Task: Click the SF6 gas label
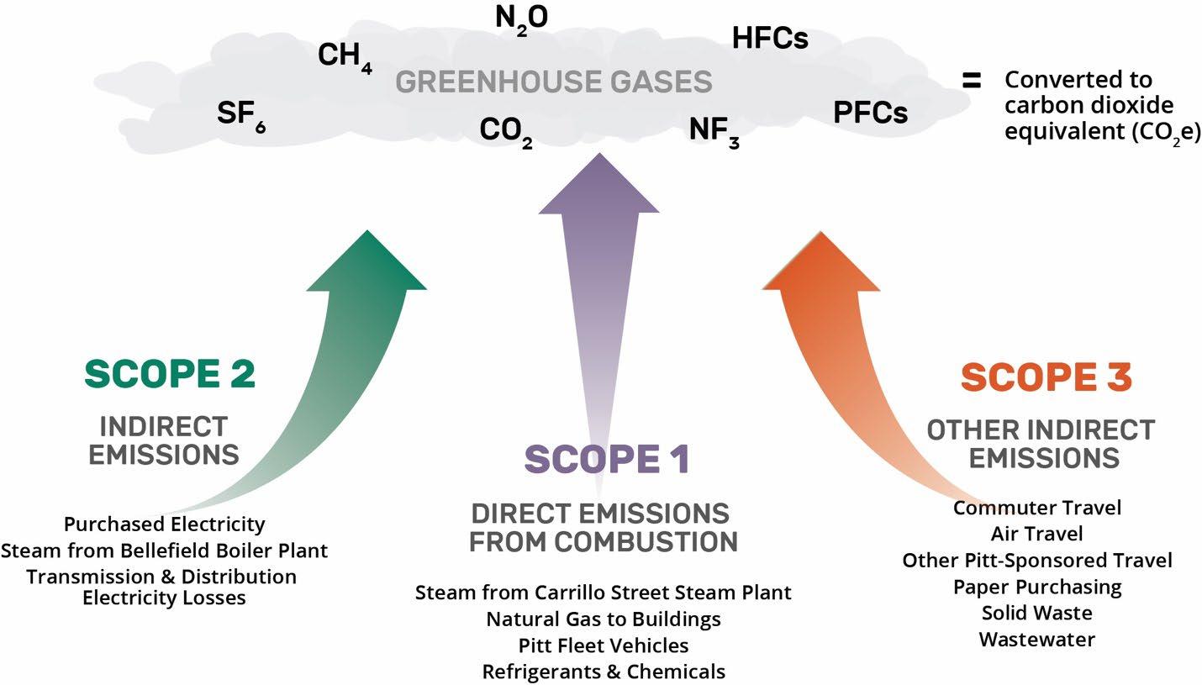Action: coord(240,114)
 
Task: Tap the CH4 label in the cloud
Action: coord(344,57)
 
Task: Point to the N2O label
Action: coord(521,18)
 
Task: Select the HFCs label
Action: coord(770,38)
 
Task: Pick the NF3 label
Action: coord(714,131)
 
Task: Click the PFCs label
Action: coord(870,113)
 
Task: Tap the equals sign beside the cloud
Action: coord(972,81)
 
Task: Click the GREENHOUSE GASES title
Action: coord(554,82)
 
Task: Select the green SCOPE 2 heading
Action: coord(169,375)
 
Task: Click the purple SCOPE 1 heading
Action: coord(607,459)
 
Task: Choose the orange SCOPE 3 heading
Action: coord(1046,377)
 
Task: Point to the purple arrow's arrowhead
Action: coord(599,185)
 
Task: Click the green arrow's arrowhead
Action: coord(368,261)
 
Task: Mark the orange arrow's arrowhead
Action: coord(820,265)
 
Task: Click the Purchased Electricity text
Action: coord(165,524)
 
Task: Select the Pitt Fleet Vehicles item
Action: coord(604,645)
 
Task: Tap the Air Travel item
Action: coord(1036,534)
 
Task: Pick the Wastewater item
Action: coord(1036,640)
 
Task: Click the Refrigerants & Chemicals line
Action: coord(604,672)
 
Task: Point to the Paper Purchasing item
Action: coord(1036,587)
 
